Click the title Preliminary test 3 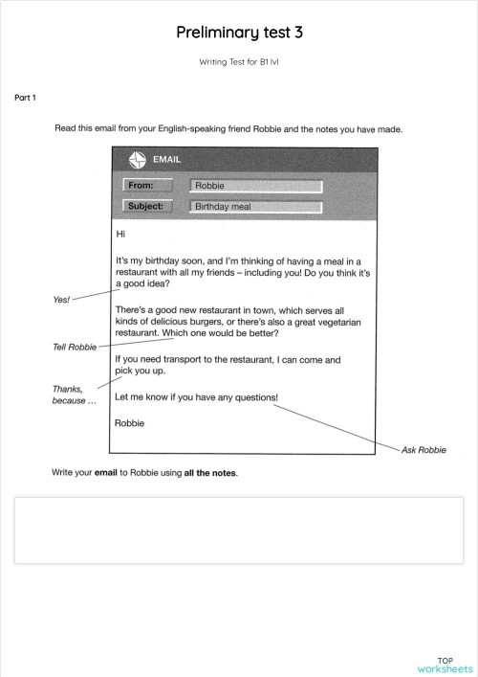tap(239, 33)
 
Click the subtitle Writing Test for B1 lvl tap(239, 61)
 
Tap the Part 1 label tap(25, 98)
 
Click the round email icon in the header tap(136, 160)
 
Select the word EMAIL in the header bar tap(167, 160)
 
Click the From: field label tap(147, 186)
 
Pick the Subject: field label tap(147, 206)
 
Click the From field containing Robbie tap(255, 186)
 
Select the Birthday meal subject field tap(255, 206)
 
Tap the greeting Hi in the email tap(120, 234)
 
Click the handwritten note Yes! tap(61, 300)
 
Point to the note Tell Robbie tap(75, 347)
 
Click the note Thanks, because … tap(74, 395)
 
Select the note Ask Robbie tap(424, 449)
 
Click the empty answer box tap(238, 530)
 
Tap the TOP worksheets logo tap(445, 665)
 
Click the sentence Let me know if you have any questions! tap(197, 396)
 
